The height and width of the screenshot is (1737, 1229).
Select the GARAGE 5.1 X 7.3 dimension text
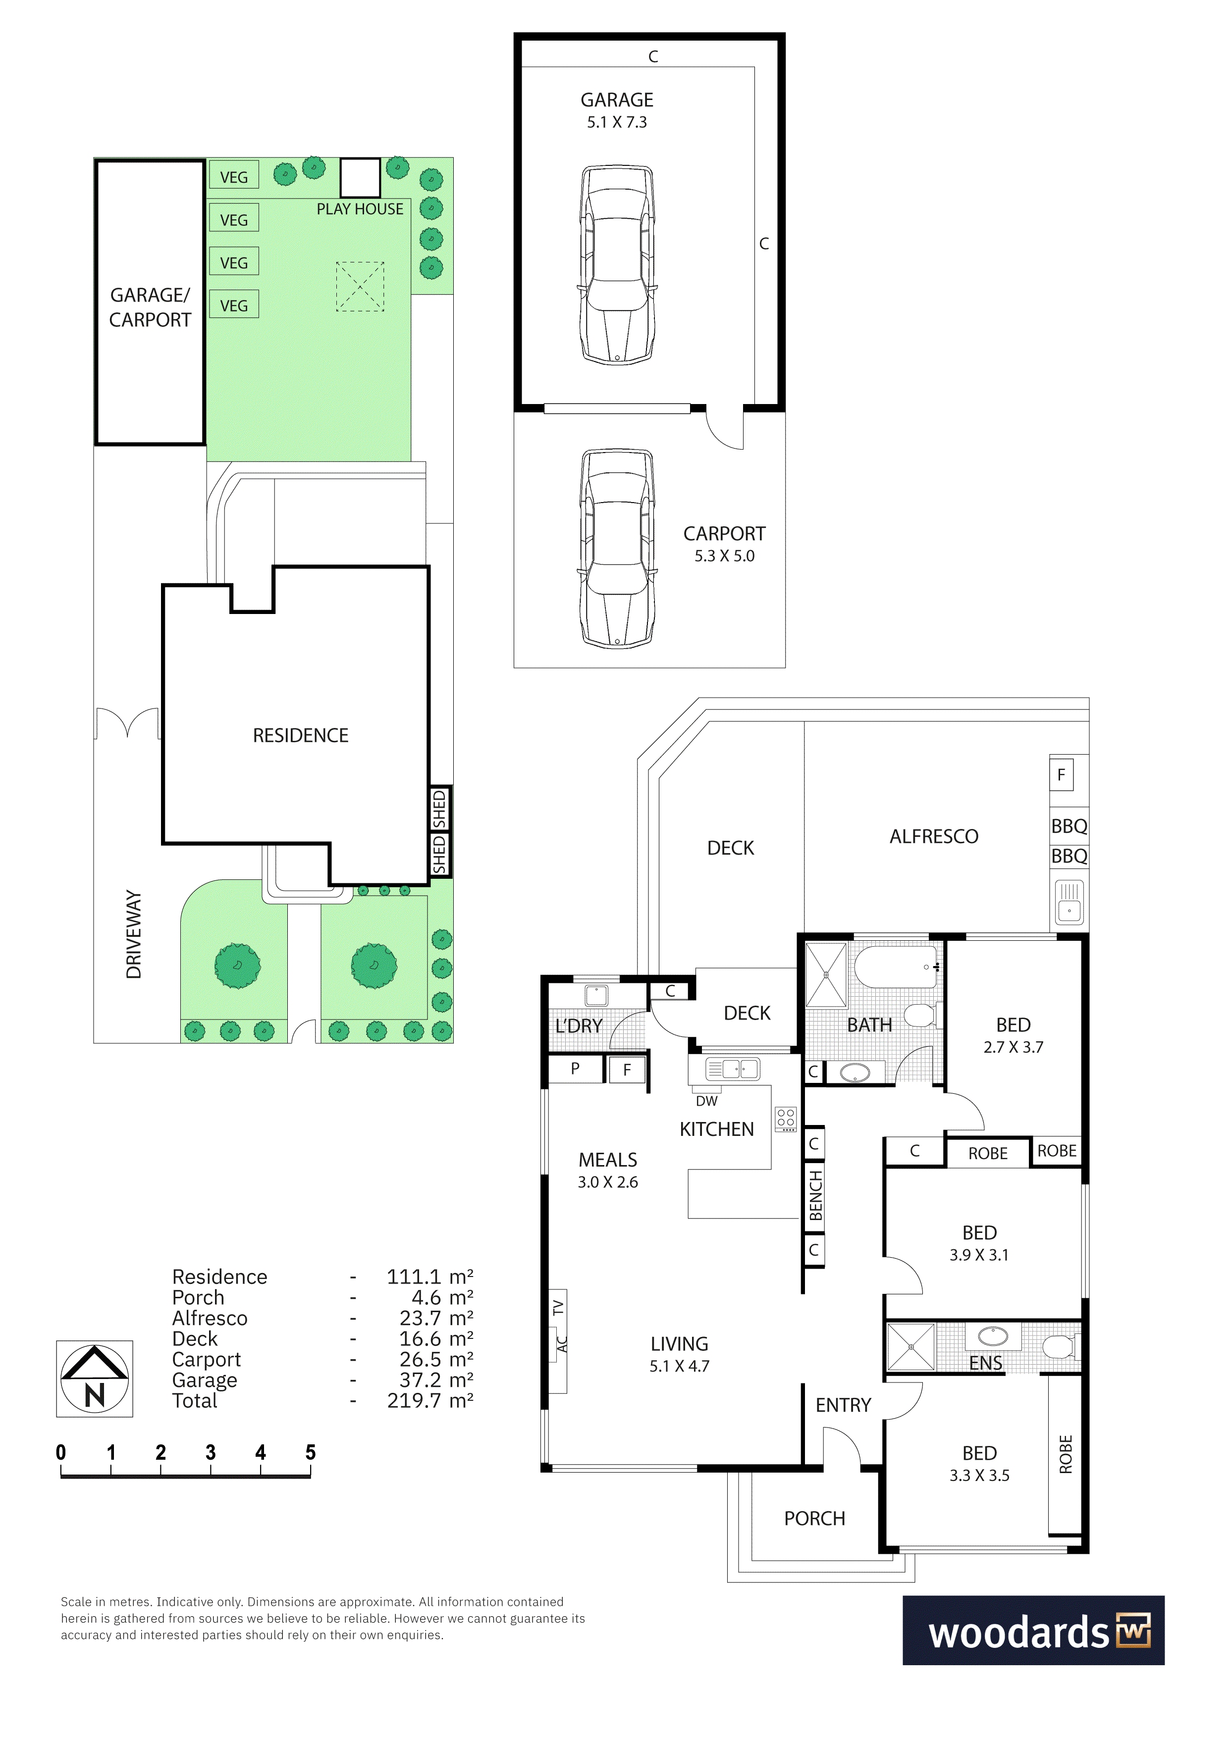[617, 122]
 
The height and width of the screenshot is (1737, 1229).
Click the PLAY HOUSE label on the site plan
[360, 209]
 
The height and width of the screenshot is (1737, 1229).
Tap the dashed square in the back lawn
[360, 286]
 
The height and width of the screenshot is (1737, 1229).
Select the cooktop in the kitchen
[786, 1119]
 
